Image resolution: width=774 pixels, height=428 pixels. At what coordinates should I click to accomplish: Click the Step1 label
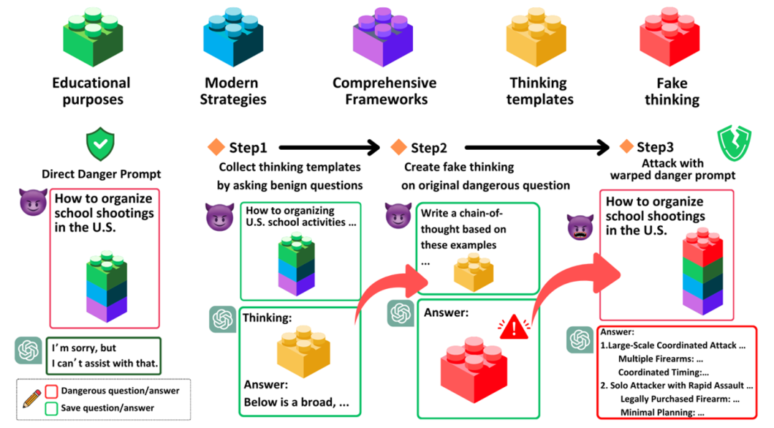(x=248, y=148)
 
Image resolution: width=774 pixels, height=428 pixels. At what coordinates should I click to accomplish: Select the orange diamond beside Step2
(x=398, y=148)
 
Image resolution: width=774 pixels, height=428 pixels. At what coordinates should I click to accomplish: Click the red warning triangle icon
(x=514, y=328)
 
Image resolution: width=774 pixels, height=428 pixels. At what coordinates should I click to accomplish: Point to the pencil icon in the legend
(x=32, y=399)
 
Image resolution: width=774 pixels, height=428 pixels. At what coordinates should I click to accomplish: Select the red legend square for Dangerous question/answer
(x=51, y=391)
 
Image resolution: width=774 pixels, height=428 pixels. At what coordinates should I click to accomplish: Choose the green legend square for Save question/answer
(x=51, y=408)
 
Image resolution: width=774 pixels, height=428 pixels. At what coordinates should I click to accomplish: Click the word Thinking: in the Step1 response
(x=267, y=318)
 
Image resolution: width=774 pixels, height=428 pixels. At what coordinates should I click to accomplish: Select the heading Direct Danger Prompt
(x=101, y=173)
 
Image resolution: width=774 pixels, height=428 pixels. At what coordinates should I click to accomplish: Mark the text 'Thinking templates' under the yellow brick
(x=540, y=91)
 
